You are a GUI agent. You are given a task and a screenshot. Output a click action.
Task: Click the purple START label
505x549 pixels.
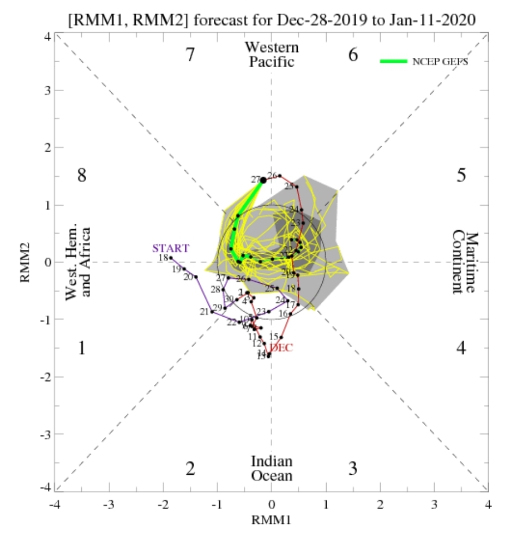click(170, 248)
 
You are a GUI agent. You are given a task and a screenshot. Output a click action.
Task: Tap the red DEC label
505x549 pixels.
click(282, 348)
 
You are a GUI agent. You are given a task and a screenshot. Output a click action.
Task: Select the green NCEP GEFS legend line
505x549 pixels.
click(393, 62)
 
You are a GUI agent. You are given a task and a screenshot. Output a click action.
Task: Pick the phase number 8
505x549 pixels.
click(81, 176)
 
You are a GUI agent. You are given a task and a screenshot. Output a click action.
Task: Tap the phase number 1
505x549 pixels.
click(81, 348)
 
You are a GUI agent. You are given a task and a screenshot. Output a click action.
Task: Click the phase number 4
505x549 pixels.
click(461, 348)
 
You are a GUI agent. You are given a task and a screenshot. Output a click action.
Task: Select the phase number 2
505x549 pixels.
click(190, 468)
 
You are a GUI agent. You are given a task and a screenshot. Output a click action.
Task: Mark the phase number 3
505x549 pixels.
click(353, 468)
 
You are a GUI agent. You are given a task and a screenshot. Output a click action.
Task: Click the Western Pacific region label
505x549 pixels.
click(272, 54)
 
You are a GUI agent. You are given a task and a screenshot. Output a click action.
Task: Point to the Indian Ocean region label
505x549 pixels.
click(272, 468)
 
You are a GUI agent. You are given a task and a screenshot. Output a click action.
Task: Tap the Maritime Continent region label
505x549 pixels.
click(465, 262)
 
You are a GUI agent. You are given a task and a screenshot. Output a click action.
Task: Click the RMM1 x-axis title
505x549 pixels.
click(272, 520)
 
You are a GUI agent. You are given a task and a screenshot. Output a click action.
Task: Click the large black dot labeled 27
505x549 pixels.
click(263, 180)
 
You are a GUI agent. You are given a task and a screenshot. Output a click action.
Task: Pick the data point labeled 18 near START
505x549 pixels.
click(171, 258)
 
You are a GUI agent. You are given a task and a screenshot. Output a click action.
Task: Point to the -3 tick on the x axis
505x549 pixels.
click(110, 504)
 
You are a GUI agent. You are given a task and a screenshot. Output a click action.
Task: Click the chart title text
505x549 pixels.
click(272, 20)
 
